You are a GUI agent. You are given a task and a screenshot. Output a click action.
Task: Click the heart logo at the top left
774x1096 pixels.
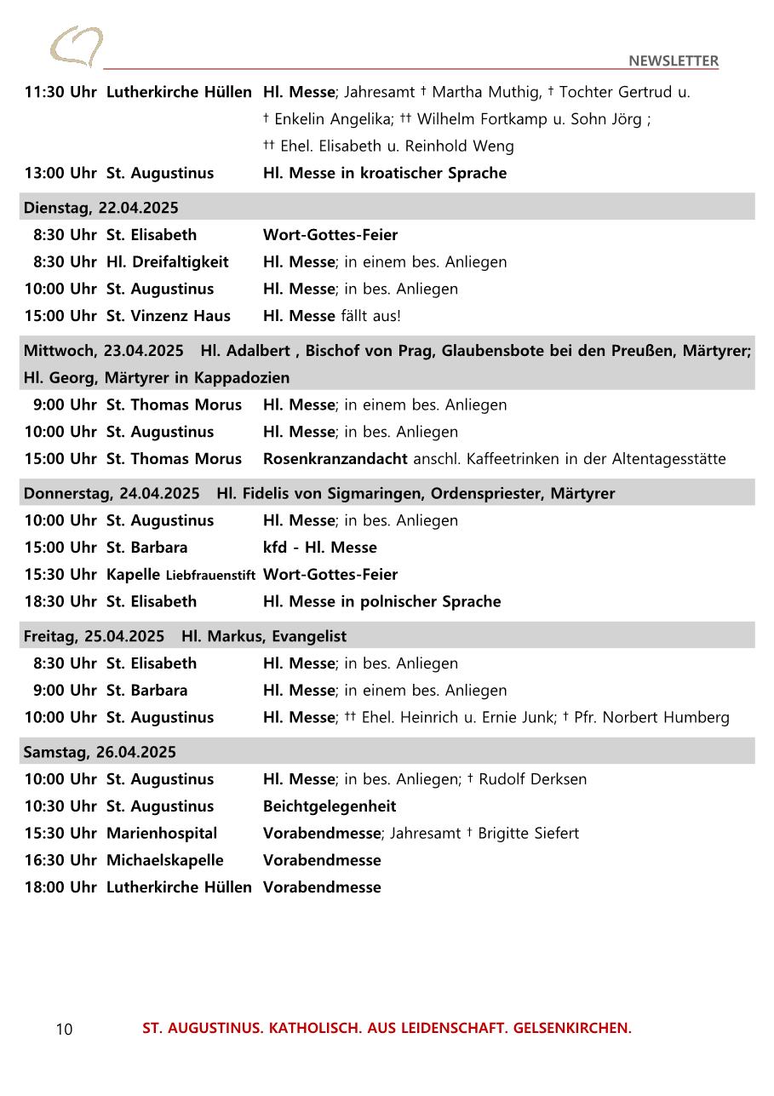(x=76, y=46)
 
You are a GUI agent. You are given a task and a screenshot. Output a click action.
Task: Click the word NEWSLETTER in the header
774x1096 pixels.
(x=674, y=60)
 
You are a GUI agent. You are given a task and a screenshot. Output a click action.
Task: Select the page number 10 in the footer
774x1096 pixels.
(x=65, y=1030)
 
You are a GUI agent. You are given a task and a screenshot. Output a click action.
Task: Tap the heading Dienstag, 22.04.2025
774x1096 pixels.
(x=101, y=208)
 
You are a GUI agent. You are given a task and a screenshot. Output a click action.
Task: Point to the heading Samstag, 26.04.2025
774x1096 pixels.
(x=100, y=752)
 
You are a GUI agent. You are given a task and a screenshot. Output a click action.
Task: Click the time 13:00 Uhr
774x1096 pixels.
(x=60, y=173)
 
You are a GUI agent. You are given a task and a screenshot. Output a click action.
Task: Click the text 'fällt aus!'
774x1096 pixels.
(x=370, y=316)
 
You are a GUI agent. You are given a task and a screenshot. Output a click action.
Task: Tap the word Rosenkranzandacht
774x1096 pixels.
(x=335, y=459)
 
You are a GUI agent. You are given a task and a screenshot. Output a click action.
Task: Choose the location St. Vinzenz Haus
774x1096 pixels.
(x=168, y=316)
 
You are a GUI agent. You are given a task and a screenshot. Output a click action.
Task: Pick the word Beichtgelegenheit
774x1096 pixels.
(x=330, y=806)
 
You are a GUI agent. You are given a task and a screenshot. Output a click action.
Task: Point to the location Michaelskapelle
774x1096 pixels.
(x=164, y=860)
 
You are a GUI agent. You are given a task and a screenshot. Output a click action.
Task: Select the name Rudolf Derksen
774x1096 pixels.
(x=532, y=779)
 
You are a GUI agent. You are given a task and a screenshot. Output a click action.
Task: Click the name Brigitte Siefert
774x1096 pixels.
(x=528, y=833)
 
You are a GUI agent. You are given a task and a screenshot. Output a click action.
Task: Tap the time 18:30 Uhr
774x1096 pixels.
(x=60, y=601)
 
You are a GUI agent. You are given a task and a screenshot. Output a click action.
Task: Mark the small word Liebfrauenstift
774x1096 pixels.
(x=210, y=576)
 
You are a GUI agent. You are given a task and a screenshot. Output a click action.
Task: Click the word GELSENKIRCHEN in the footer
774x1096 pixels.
(x=572, y=1028)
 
